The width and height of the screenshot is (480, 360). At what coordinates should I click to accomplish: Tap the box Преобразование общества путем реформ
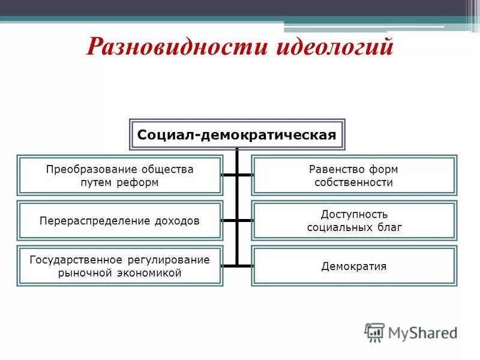coord(120,176)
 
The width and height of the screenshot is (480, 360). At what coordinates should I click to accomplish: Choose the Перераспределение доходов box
coord(120,220)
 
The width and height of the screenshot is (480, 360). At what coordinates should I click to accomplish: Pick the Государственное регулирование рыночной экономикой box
coord(120,266)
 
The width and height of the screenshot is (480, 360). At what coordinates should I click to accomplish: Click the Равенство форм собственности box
coord(353,176)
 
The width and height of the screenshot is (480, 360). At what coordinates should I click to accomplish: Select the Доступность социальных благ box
coord(353,220)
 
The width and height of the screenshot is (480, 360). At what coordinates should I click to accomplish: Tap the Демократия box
coord(353,266)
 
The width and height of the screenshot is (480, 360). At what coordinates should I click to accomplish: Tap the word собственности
coord(353,183)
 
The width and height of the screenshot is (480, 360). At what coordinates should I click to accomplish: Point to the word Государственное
coord(76,260)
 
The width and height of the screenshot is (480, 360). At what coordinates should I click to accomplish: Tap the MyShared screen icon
coord(375,332)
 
